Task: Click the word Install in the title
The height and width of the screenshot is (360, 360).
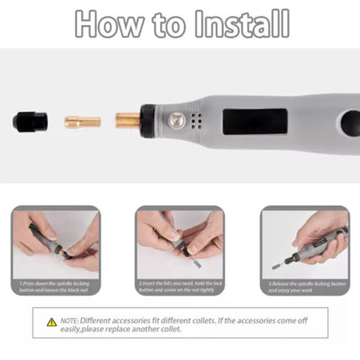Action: (242, 25)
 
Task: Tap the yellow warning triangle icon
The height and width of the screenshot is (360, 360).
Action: (51, 321)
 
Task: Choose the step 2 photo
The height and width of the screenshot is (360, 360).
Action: (179, 242)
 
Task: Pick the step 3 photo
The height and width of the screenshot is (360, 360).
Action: (304, 242)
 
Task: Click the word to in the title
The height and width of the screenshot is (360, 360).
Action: (172, 25)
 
